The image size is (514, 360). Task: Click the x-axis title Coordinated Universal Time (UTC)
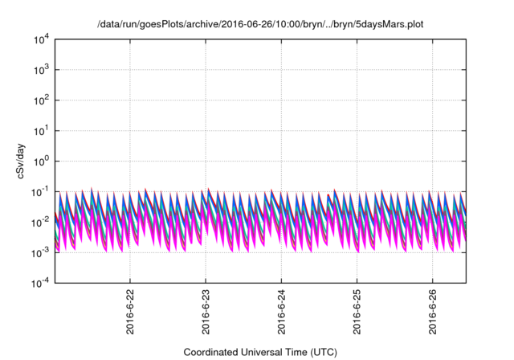click(259, 352)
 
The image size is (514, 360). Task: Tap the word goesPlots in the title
click(167, 25)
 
